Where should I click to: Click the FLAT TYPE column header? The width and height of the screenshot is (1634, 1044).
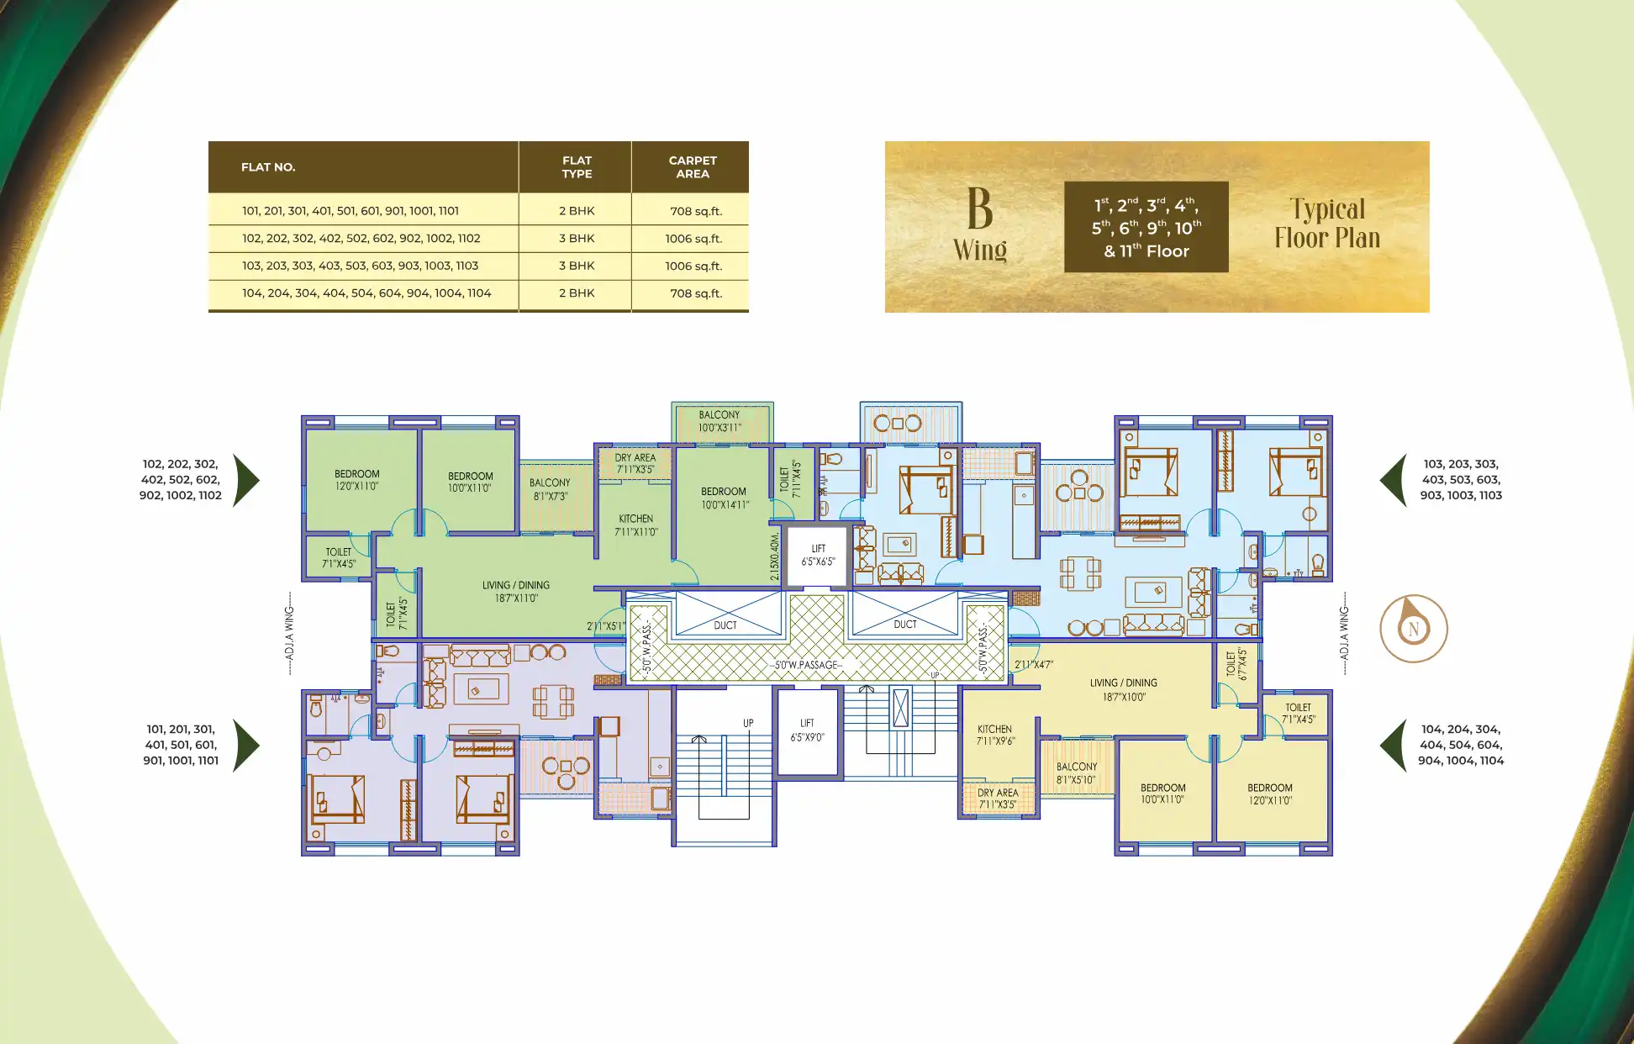pyautogui.click(x=577, y=167)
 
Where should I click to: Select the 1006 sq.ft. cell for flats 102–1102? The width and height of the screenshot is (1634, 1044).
pyautogui.click(x=693, y=239)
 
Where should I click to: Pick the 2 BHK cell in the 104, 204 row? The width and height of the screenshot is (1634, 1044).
pyautogui.click(x=577, y=293)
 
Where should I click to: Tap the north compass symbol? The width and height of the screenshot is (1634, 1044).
pyautogui.click(x=1414, y=628)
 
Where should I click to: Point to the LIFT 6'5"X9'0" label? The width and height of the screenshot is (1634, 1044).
pyautogui.click(x=807, y=730)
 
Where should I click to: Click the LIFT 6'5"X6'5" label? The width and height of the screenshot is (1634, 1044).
pyautogui.click(x=818, y=555)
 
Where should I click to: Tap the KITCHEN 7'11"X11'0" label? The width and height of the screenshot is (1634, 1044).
pyautogui.click(x=636, y=525)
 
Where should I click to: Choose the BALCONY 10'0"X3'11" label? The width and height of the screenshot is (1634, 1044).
pyautogui.click(x=719, y=421)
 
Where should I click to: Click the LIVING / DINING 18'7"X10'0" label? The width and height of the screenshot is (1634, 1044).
pyautogui.click(x=1124, y=690)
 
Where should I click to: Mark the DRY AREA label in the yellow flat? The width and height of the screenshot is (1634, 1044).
pyautogui.click(x=998, y=799)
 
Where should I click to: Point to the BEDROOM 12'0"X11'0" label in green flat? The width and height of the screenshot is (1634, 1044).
pyautogui.click(x=357, y=480)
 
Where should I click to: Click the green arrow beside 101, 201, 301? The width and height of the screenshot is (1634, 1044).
pyautogui.click(x=245, y=746)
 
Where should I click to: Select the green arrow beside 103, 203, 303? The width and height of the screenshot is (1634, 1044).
pyautogui.click(x=1394, y=480)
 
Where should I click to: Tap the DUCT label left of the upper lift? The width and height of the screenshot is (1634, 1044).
pyautogui.click(x=725, y=625)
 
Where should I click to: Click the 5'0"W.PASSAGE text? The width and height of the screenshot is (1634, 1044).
pyautogui.click(x=807, y=665)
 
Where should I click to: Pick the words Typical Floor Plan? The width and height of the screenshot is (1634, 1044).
pyautogui.click(x=1327, y=224)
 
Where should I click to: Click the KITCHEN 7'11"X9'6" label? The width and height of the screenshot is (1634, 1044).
pyautogui.click(x=995, y=736)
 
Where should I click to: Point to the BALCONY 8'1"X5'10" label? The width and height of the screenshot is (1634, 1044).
pyautogui.click(x=1077, y=773)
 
